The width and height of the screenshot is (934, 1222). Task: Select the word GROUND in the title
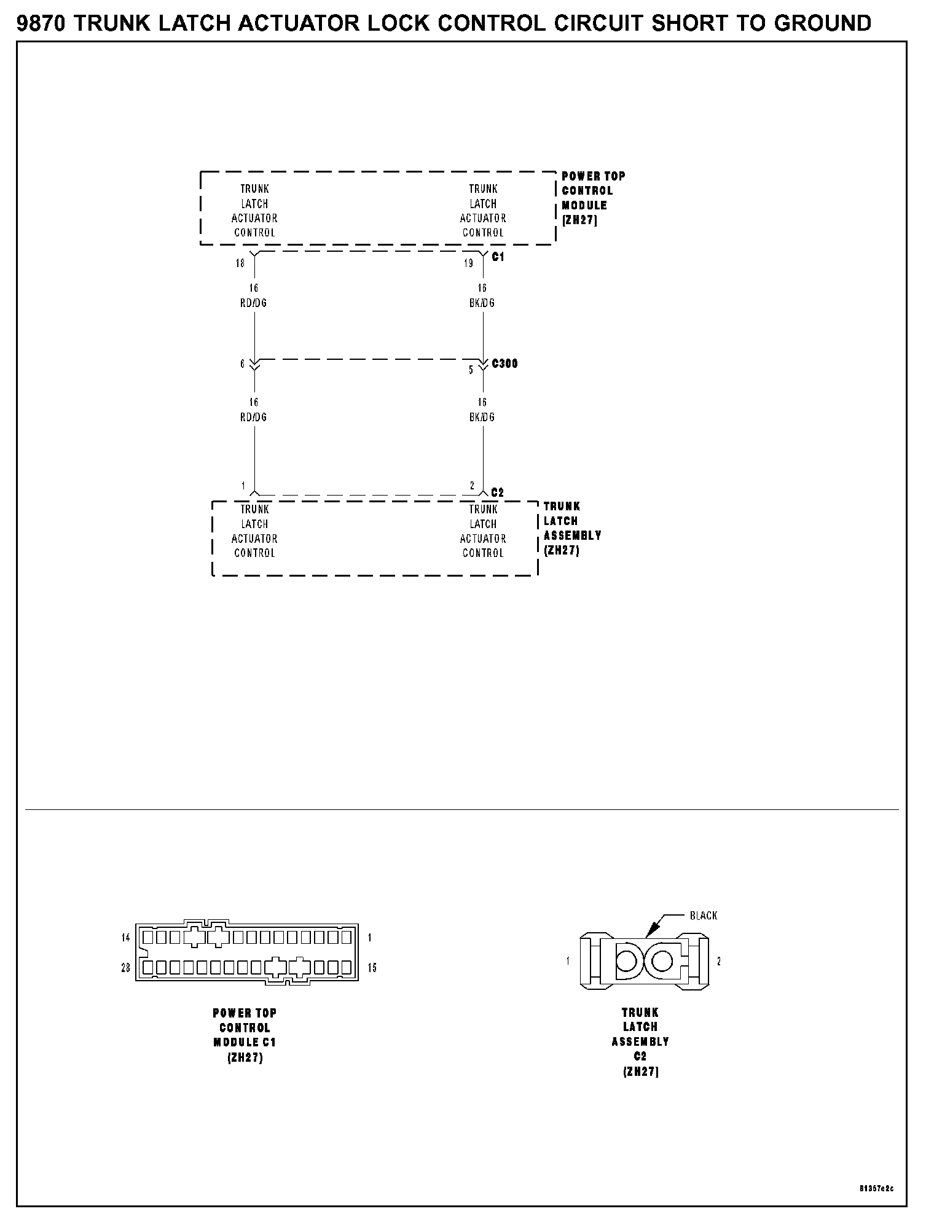(822, 23)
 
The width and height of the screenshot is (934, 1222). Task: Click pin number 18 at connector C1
(240, 263)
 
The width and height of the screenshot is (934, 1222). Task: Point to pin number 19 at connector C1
(469, 263)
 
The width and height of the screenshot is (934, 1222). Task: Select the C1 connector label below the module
(498, 257)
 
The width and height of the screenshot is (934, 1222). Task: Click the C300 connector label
(505, 364)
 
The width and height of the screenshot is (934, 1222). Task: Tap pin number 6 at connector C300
(243, 364)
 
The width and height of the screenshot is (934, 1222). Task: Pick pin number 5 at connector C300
(471, 370)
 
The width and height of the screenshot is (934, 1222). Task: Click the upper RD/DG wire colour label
(254, 303)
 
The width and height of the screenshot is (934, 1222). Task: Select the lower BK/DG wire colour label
(482, 417)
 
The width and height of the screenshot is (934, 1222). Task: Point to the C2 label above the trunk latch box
(498, 492)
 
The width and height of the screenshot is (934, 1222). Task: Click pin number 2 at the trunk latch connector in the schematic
(472, 486)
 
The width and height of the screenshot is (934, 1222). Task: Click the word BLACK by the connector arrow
(704, 916)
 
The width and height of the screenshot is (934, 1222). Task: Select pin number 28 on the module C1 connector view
(125, 968)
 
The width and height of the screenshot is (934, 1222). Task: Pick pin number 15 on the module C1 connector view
(372, 968)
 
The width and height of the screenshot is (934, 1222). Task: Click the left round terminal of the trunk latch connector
(627, 961)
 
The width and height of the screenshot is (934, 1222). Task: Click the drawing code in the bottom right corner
(877, 1188)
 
